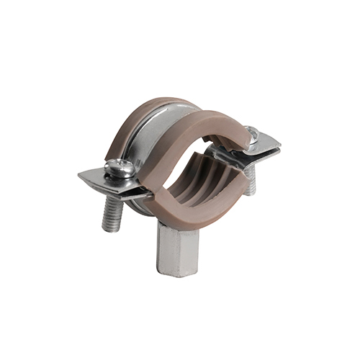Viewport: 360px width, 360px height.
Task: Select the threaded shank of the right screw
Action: (250, 184)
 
